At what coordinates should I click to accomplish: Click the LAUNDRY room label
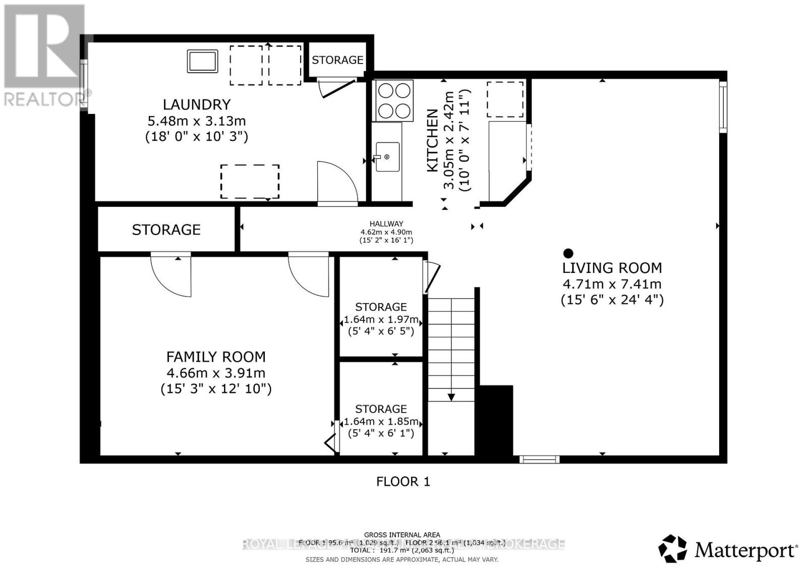196,104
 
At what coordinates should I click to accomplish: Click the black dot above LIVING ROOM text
568,253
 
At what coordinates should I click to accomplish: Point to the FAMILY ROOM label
216,357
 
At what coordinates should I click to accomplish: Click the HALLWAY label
386,224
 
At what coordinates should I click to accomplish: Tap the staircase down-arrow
451,396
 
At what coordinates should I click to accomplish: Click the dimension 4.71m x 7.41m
612,284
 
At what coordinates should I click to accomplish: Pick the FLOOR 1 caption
403,482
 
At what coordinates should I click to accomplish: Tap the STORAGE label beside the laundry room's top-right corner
337,60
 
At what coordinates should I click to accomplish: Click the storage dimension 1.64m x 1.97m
381,319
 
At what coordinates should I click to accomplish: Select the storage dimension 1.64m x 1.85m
381,421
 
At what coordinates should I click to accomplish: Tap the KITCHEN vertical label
432,141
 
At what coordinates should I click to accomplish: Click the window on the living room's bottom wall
539,459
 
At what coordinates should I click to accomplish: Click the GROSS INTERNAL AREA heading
402,535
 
